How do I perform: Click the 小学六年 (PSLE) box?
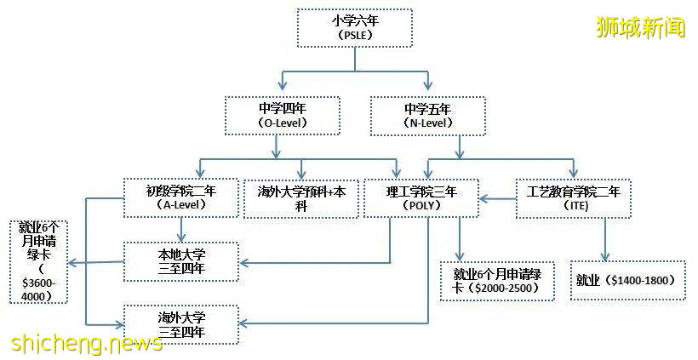354,28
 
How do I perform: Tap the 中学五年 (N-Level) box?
428,116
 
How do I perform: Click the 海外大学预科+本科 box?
301,198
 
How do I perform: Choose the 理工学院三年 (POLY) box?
421,198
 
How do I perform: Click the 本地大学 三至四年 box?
180,262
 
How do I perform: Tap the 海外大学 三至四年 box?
180,323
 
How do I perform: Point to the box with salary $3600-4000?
37,261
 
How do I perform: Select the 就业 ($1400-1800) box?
627,280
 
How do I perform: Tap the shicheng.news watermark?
87,343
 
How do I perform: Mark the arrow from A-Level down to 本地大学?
180,230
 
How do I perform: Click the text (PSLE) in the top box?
354,37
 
